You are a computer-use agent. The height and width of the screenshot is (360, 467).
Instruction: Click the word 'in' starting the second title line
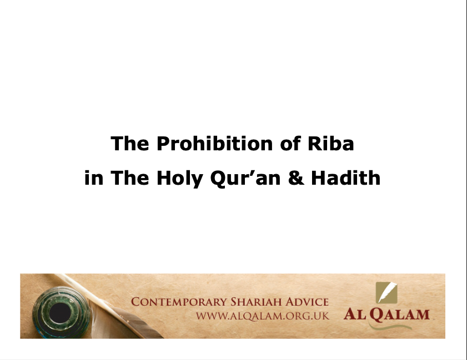pyautogui.click(x=94, y=178)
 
